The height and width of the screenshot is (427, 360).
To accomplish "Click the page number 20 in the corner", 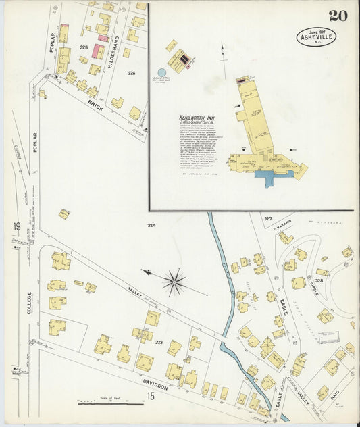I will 338,16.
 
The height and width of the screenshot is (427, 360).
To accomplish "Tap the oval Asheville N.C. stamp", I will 315,36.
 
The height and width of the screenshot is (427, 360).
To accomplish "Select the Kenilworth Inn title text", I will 192,118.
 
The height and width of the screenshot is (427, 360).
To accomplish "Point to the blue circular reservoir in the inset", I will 162,72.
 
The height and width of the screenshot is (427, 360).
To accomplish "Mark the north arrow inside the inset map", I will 222,51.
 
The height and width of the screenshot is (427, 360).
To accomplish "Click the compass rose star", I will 175,282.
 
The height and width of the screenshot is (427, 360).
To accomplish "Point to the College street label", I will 29,304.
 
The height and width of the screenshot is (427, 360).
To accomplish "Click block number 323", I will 159,343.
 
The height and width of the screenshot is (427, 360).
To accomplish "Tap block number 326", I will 131,73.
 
